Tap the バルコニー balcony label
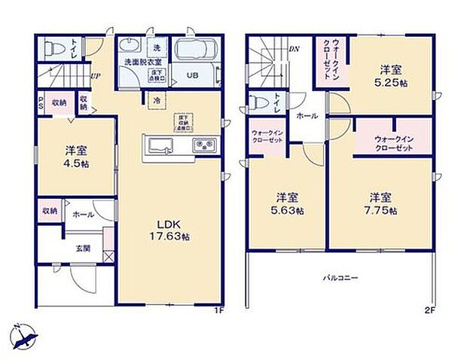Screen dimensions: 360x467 [340, 277]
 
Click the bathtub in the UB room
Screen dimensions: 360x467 [196, 52]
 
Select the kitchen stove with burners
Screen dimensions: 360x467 [204, 145]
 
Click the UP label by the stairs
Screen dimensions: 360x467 [96, 75]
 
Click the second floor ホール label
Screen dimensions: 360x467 [306, 116]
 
